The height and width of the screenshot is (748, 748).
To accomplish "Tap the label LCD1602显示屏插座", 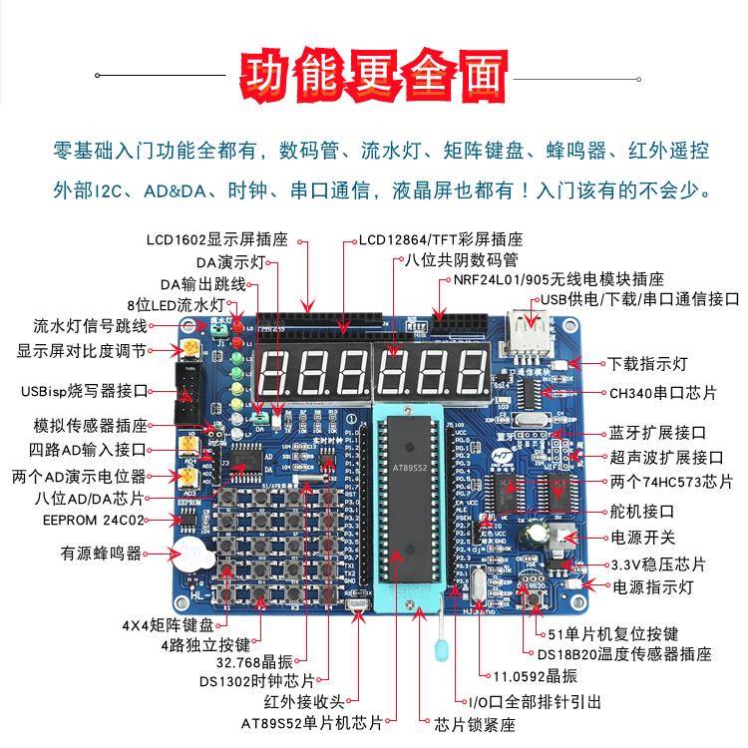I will coord(216,239).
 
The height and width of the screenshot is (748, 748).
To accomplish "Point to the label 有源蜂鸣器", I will coord(101,553).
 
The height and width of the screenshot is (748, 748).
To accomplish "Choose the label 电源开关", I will coord(642,538).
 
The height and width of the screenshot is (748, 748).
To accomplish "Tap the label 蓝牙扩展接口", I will coord(657,433).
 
